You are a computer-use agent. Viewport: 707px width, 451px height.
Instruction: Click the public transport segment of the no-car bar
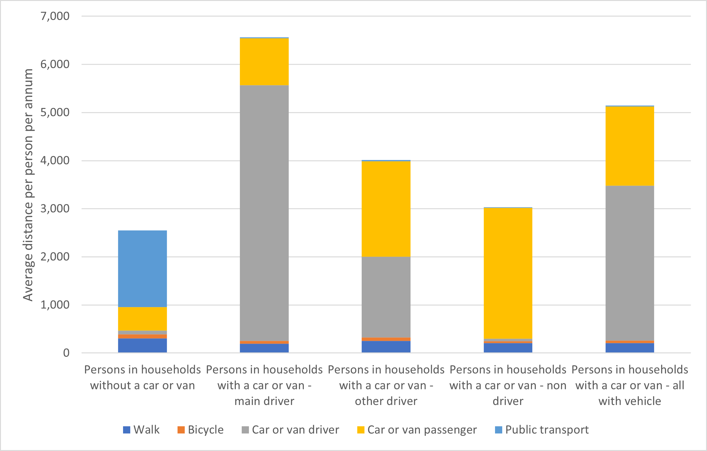(x=142, y=269)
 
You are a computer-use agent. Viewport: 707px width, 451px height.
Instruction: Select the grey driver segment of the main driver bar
(x=264, y=213)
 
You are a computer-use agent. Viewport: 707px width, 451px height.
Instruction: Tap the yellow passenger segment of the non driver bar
(x=508, y=273)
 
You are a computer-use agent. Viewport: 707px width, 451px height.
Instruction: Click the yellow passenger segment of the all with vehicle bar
(x=629, y=146)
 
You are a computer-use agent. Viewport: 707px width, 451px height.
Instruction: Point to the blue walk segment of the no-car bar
(x=142, y=346)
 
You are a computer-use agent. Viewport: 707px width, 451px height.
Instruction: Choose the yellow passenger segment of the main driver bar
(x=264, y=62)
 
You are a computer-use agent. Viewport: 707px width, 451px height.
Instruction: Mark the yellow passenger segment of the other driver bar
(x=386, y=209)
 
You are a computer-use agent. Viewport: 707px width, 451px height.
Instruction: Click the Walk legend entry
(x=142, y=430)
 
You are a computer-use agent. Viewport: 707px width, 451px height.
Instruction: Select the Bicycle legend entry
(x=201, y=430)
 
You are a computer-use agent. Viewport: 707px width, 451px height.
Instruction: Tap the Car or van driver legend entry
(x=291, y=430)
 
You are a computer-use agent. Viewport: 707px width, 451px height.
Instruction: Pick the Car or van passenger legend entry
(x=417, y=430)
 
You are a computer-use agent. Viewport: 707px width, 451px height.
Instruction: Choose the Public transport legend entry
(x=542, y=430)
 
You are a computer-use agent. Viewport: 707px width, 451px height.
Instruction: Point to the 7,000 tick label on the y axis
(x=55, y=16)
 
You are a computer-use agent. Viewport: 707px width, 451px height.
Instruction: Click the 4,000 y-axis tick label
(x=55, y=161)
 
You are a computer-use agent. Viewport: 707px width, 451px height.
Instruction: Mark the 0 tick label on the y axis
(x=66, y=353)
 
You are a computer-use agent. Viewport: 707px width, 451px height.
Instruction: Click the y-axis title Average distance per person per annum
(x=28, y=185)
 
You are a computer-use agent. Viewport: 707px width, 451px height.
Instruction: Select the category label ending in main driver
(x=264, y=385)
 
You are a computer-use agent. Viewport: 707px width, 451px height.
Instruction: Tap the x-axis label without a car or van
(x=142, y=377)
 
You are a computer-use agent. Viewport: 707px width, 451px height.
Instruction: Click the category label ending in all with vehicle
(x=630, y=385)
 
